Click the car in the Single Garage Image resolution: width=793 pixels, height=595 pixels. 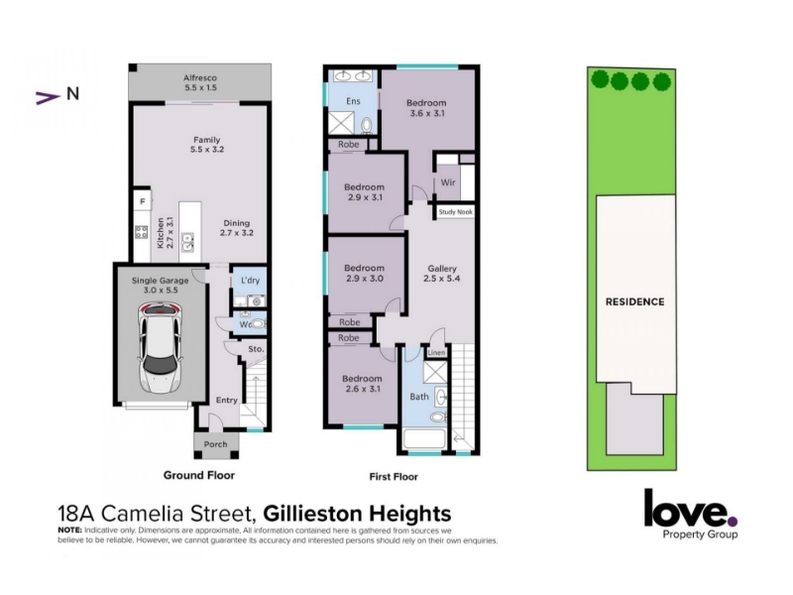(x=160, y=349)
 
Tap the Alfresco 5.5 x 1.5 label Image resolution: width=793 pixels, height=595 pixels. (x=200, y=82)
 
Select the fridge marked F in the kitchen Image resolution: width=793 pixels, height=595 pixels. (x=143, y=201)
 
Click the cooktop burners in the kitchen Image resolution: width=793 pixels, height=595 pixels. (x=141, y=232)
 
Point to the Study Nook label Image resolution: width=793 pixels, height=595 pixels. (x=455, y=212)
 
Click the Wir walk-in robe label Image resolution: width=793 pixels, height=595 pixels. (x=448, y=182)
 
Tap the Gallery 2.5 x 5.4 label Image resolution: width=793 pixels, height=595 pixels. (x=442, y=274)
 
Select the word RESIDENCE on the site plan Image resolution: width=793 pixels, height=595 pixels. (x=634, y=301)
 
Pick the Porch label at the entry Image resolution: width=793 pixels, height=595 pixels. (x=215, y=444)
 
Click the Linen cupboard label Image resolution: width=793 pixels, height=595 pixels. (x=436, y=353)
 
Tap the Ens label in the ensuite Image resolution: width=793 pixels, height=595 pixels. (x=353, y=101)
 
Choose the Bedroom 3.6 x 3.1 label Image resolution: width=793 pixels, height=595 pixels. (x=426, y=108)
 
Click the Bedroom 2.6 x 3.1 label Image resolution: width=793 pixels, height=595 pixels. (x=362, y=384)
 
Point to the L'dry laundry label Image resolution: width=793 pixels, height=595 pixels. (x=250, y=281)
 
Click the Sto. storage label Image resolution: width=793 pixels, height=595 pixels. (x=256, y=349)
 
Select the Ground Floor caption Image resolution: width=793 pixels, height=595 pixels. (x=199, y=475)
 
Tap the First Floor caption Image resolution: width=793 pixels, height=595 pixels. (x=394, y=477)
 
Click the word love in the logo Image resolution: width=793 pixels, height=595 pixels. (x=686, y=509)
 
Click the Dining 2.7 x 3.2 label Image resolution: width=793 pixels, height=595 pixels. (x=237, y=228)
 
